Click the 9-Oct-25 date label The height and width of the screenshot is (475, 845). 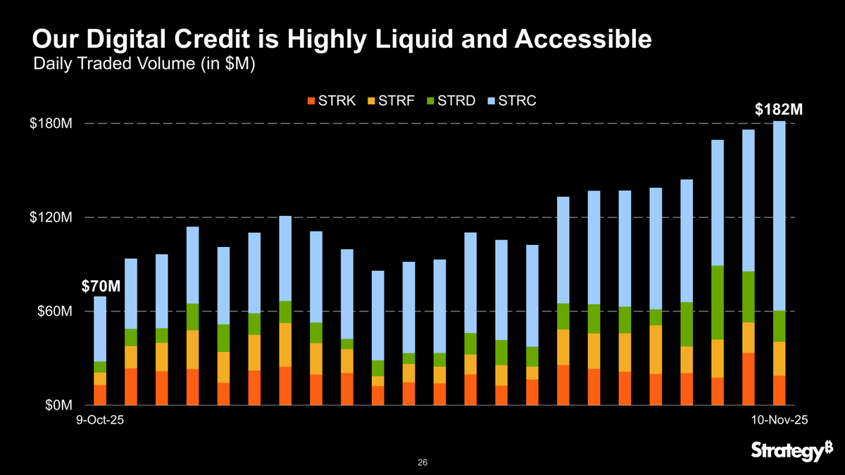[x=100, y=419]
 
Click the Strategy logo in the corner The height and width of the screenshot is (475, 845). [x=791, y=450]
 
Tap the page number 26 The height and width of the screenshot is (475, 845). [x=423, y=462]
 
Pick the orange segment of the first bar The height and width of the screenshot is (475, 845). [x=100, y=395]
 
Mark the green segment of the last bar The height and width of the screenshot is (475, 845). [x=779, y=326]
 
